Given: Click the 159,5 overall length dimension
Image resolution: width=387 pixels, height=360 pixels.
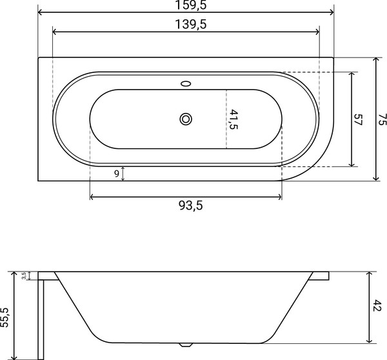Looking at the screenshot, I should (186, 6).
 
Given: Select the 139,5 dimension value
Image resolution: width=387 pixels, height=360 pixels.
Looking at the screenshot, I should (186, 24).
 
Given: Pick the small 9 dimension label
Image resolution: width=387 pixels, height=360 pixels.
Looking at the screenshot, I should (116, 173).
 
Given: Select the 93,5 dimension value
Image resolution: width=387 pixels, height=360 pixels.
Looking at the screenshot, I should (186, 205).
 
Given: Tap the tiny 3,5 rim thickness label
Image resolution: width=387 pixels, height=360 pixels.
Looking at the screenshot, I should (24, 275).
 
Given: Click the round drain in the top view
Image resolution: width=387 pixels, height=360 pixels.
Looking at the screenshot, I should (186, 119).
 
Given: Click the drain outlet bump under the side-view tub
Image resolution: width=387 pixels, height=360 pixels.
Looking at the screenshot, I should (187, 344).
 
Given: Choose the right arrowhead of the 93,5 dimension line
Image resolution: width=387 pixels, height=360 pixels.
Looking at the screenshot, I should (281, 196).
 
